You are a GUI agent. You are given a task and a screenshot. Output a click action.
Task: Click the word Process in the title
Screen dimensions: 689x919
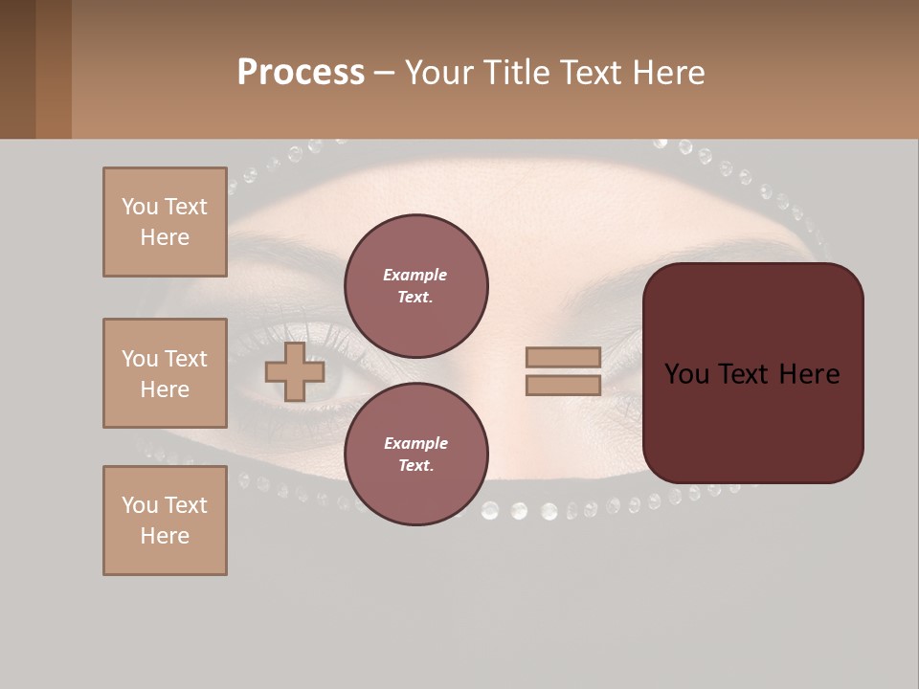click(301, 73)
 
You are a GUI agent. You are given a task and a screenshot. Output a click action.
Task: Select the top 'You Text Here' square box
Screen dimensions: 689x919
click(165, 222)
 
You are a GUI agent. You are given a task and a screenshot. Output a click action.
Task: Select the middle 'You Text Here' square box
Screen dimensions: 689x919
click(165, 373)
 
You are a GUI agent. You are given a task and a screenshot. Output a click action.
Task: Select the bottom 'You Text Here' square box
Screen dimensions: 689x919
click(165, 521)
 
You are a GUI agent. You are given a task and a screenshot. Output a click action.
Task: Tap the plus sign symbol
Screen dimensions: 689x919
click(295, 372)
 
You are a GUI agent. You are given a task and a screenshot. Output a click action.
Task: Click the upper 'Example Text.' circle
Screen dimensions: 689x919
click(415, 285)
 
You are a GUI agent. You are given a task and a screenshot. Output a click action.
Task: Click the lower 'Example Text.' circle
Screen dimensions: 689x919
click(415, 454)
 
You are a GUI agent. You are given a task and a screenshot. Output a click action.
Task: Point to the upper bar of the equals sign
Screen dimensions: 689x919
click(563, 357)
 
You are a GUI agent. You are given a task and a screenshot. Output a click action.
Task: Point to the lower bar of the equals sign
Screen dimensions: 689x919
click(563, 386)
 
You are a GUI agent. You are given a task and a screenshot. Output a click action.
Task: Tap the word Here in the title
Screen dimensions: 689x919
click(667, 73)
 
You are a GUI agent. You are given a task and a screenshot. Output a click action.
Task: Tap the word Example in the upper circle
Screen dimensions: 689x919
click(415, 275)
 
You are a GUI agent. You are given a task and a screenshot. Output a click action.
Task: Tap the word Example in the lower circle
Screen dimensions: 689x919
click(415, 443)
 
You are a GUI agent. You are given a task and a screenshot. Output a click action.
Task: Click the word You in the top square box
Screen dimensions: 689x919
click(139, 207)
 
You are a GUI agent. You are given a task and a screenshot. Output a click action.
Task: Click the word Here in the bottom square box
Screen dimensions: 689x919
click(165, 536)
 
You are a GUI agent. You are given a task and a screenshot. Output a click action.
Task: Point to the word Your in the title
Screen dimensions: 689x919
click(437, 73)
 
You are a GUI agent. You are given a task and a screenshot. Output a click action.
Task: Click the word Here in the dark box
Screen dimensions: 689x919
click(810, 374)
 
